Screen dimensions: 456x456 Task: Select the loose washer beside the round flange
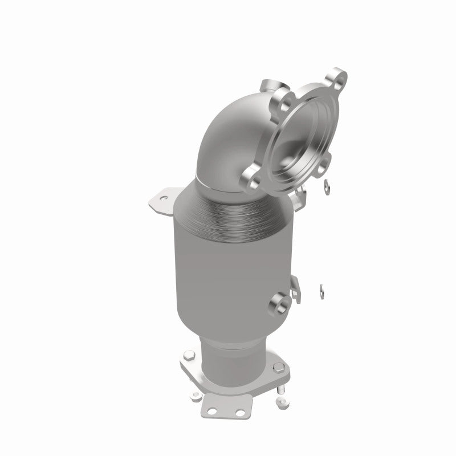click(325, 184)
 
